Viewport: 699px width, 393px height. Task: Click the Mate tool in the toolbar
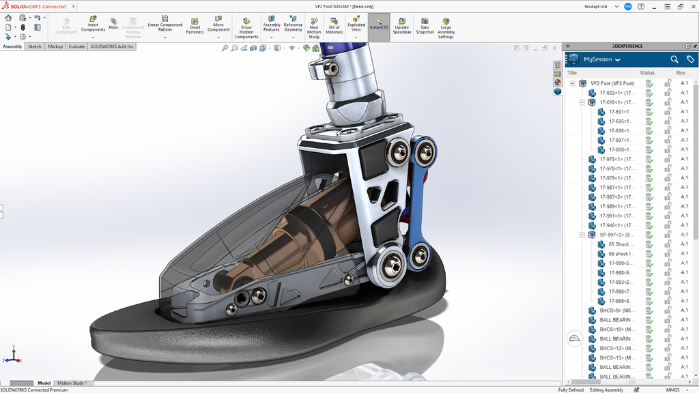point(113,24)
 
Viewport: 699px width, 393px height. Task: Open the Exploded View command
point(356,24)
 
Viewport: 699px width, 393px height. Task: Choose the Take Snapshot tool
point(425,25)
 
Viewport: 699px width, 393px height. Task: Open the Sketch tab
point(34,46)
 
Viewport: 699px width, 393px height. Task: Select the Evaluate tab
point(76,46)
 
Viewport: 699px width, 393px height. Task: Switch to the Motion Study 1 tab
point(71,383)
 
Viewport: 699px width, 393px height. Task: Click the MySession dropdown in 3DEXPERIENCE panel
point(601,59)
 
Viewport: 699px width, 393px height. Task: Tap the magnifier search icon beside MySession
point(674,59)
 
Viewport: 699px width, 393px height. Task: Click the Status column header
point(646,73)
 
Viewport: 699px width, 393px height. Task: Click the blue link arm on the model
point(420,198)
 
